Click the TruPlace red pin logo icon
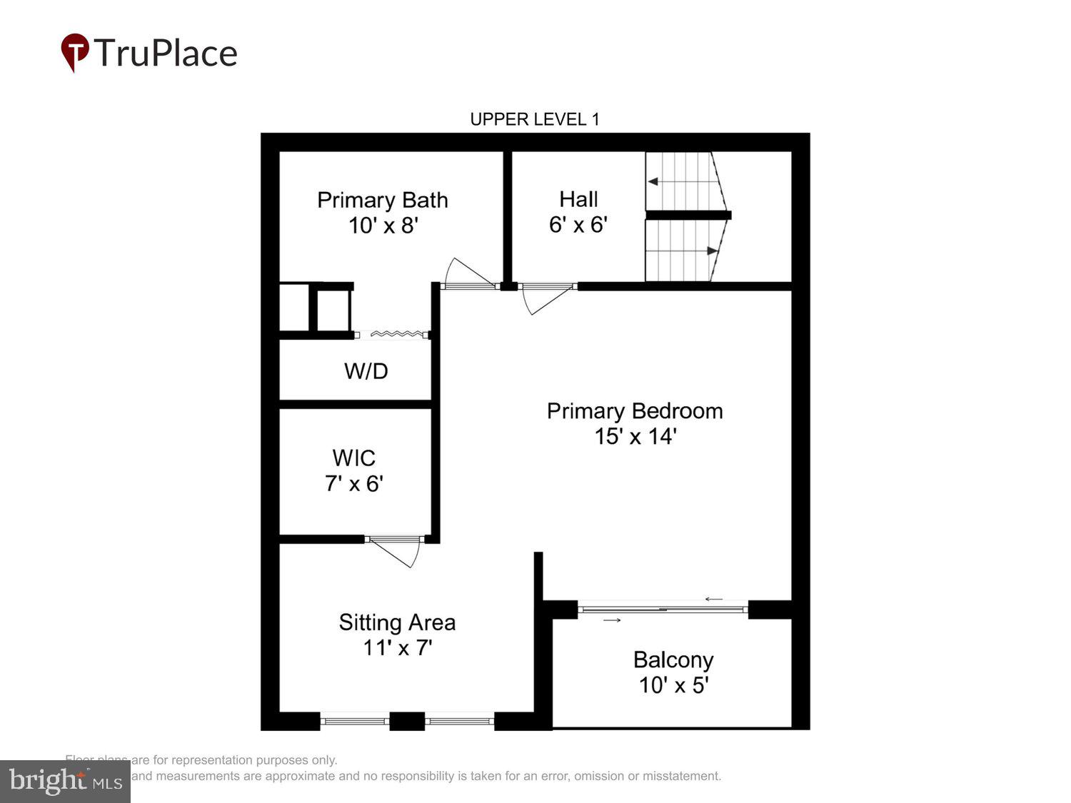pyautogui.click(x=74, y=52)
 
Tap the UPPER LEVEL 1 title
pyautogui.click(x=534, y=119)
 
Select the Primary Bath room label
pyautogui.click(x=382, y=200)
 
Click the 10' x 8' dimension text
pyautogui.click(x=383, y=226)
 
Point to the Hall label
pyautogui.click(x=578, y=199)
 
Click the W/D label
pyautogui.click(x=366, y=371)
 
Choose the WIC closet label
pyautogui.click(x=353, y=458)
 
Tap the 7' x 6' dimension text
pyautogui.click(x=354, y=484)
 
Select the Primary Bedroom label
pyautogui.click(x=634, y=411)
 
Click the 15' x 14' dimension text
pyautogui.click(x=635, y=437)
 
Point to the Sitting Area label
pyautogui.click(x=397, y=622)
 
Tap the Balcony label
pyautogui.click(x=673, y=660)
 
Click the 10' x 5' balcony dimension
pyautogui.click(x=673, y=685)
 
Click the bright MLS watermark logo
pyautogui.click(x=65, y=781)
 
